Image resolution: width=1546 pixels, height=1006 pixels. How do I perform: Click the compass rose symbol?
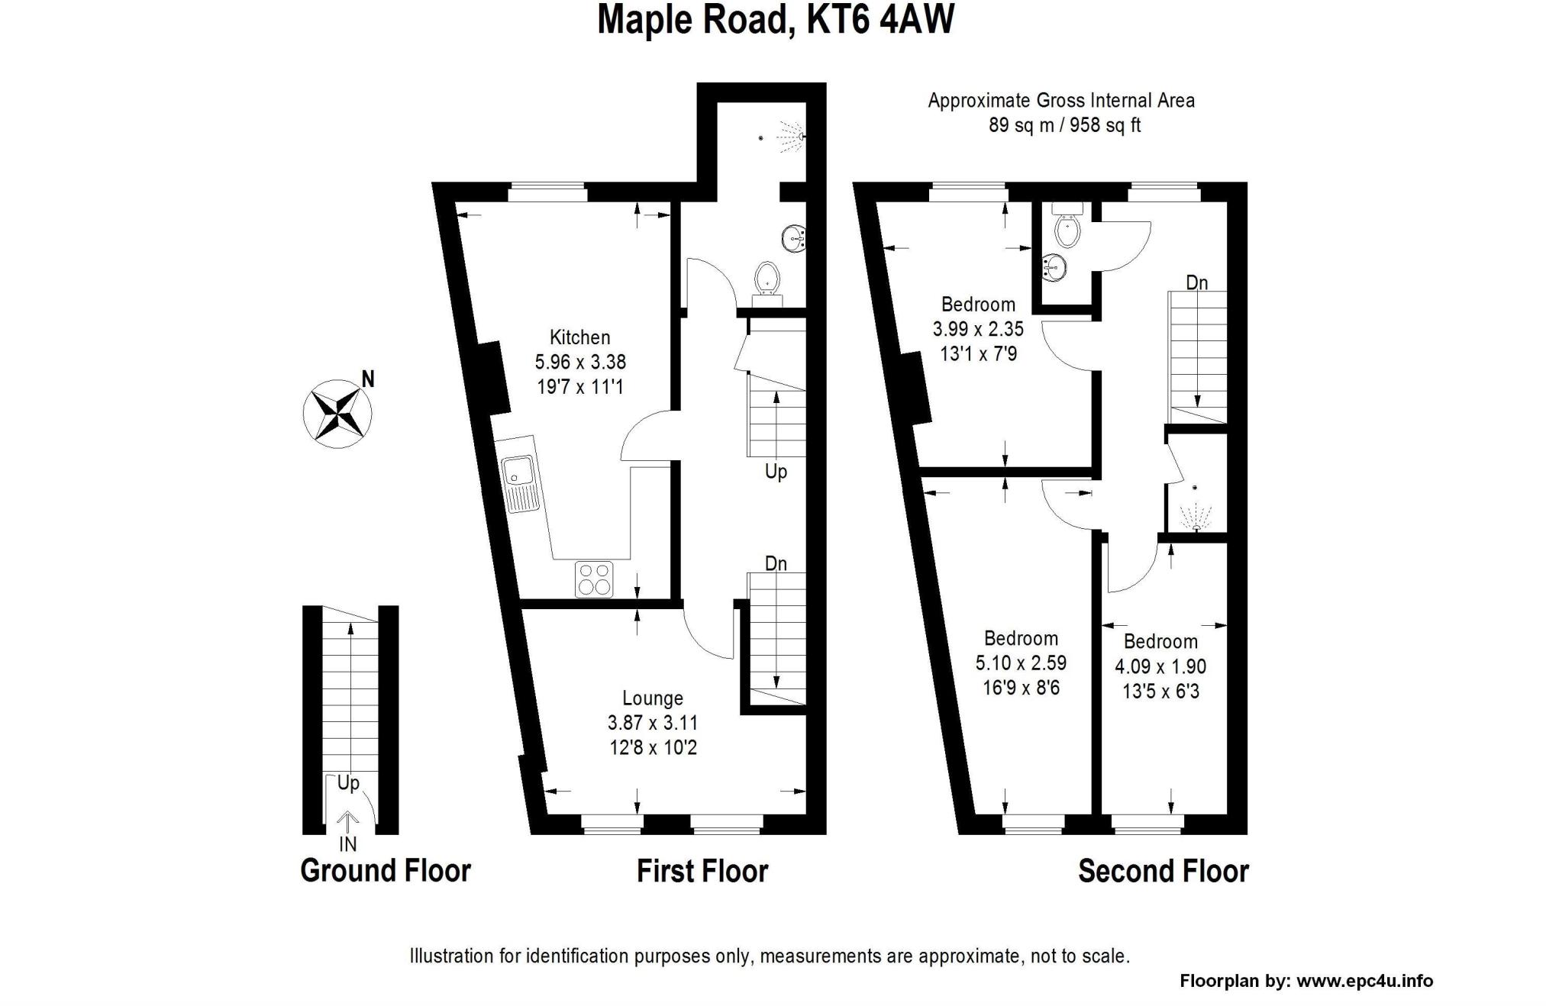(x=337, y=414)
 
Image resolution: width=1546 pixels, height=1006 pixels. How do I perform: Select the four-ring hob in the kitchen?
(x=595, y=579)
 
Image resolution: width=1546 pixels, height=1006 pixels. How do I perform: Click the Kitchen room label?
(x=580, y=337)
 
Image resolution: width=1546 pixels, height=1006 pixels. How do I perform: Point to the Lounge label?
(x=653, y=698)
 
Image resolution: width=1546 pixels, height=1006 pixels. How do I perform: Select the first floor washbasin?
(x=793, y=239)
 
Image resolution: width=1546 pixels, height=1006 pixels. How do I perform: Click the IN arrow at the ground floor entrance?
(x=348, y=821)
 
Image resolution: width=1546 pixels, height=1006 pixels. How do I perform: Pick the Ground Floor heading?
(x=386, y=871)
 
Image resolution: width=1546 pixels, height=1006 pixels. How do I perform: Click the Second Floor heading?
(x=1163, y=871)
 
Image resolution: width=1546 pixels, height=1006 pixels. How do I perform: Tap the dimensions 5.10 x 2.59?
(x=1021, y=663)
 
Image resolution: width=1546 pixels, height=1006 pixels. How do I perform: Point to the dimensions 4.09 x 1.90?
(x=1160, y=666)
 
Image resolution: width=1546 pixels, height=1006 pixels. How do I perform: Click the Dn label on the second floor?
(x=1196, y=283)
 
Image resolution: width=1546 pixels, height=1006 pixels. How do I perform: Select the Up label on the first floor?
(x=776, y=472)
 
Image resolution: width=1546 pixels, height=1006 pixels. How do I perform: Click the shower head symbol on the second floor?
(x=1195, y=518)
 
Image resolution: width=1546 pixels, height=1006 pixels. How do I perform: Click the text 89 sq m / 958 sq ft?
(x=1064, y=125)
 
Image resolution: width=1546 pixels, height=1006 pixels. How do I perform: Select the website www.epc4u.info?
(x=1365, y=982)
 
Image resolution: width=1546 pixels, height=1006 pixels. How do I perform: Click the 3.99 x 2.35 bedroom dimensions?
(x=978, y=329)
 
